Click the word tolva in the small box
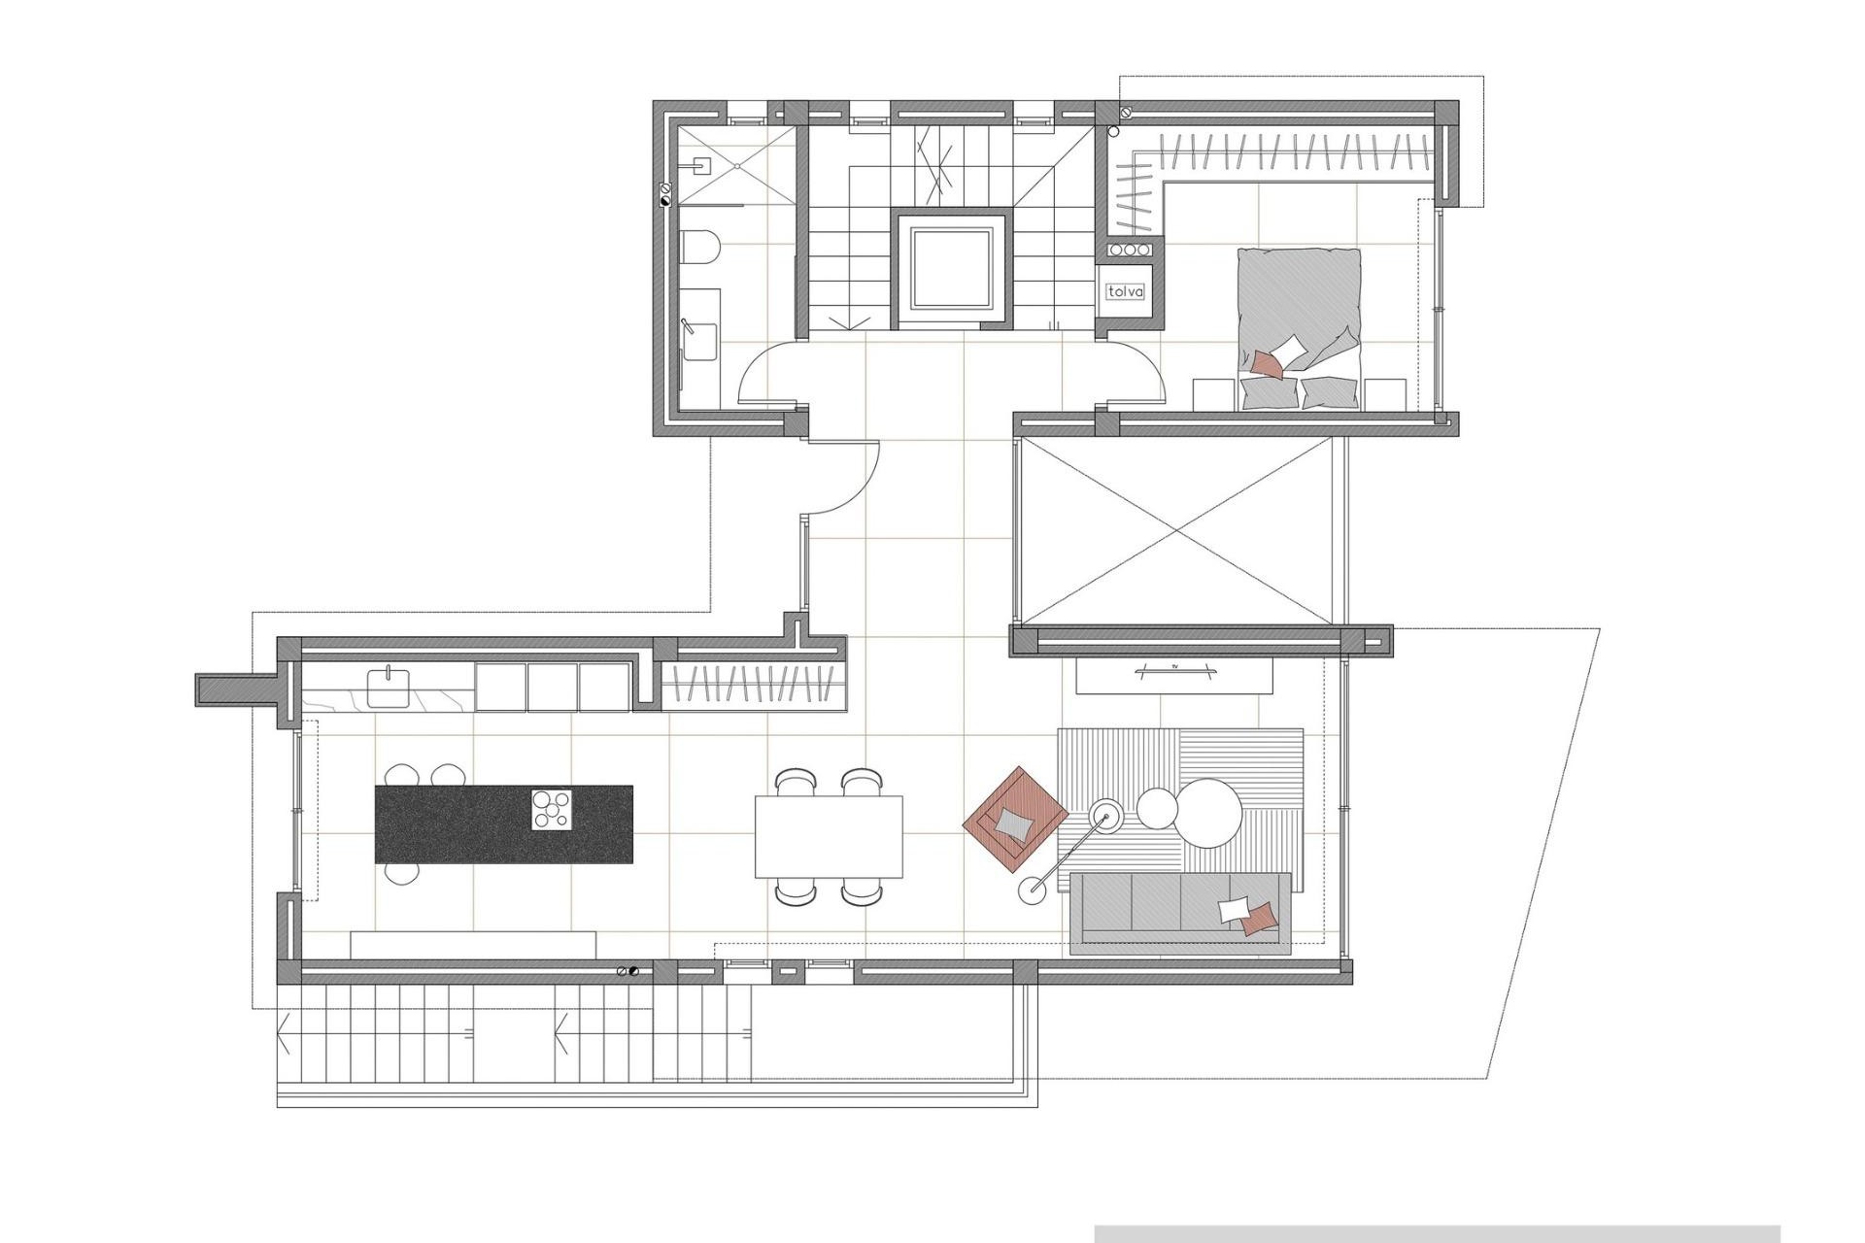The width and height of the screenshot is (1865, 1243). (x=1127, y=291)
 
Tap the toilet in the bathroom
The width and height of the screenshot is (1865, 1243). (x=698, y=248)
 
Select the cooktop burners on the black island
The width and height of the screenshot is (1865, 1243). (x=551, y=810)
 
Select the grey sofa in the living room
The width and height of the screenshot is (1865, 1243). (x=1179, y=913)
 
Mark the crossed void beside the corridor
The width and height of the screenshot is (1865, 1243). (x=1176, y=531)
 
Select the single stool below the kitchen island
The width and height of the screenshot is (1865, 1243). (x=402, y=873)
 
